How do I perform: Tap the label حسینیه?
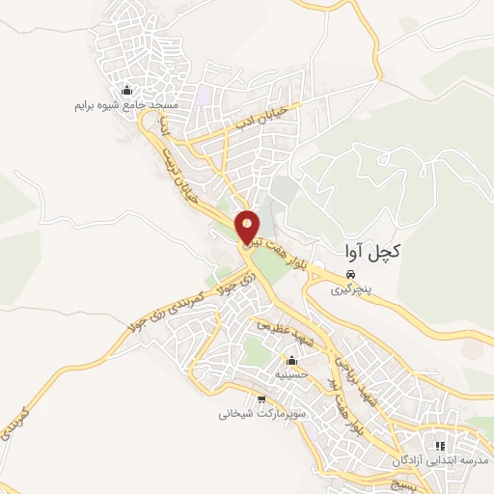(x=292, y=374)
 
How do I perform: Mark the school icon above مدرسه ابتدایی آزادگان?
(x=440, y=447)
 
